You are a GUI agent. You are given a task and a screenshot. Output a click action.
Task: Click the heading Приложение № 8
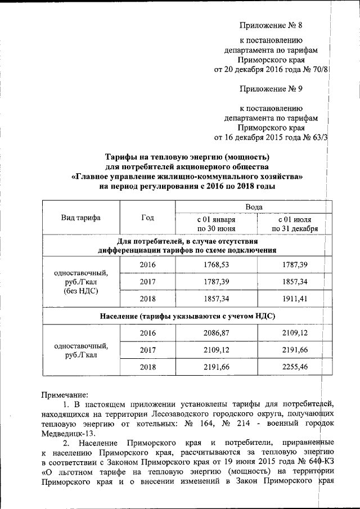tap(271, 25)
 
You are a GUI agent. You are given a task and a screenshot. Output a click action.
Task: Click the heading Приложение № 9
tap(271, 88)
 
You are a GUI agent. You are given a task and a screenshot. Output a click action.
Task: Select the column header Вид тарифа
tap(81, 218)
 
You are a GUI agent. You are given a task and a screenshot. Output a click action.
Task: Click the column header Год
tap(148, 218)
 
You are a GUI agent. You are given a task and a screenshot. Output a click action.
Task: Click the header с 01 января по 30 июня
tap(216, 223)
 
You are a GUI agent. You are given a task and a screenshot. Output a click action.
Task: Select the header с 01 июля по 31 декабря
tap(295, 223)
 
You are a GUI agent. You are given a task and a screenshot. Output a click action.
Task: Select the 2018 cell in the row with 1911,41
tap(147, 298)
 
